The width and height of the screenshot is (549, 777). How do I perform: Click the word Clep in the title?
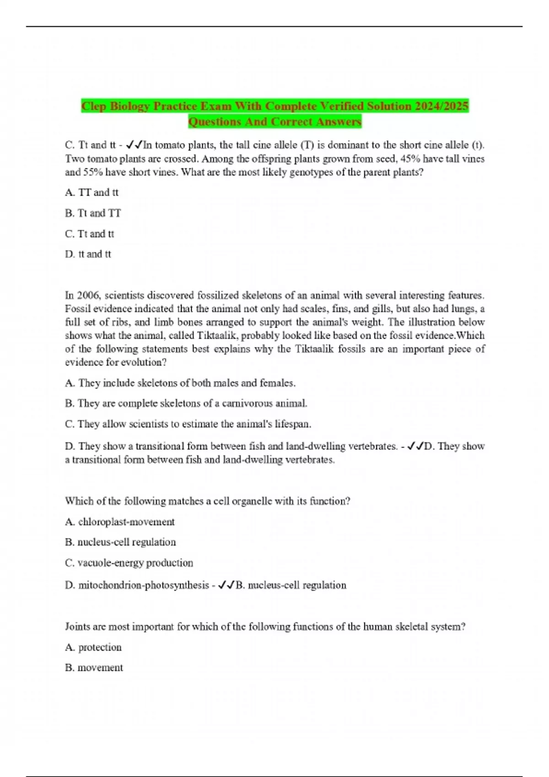pos(94,106)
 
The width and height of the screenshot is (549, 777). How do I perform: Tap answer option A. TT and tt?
pos(92,192)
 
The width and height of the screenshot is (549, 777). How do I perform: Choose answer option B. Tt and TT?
pos(93,213)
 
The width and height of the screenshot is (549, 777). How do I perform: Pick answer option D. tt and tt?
pos(88,254)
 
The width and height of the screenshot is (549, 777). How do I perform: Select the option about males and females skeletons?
pos(180,383)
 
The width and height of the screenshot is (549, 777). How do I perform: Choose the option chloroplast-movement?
pos(120,522)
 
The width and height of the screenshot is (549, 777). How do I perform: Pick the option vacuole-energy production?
pos(129,563)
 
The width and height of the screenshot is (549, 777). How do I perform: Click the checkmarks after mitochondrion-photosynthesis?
pos(226,585)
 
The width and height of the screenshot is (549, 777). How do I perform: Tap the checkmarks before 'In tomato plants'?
pos(134,145)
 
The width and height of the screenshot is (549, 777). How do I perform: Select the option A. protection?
pos(93,647)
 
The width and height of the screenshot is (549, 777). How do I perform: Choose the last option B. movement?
pos(94,668)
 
